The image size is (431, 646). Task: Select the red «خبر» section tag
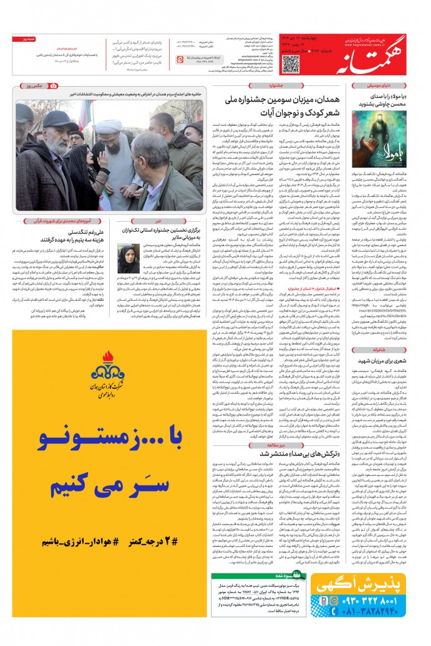point(159,221)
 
